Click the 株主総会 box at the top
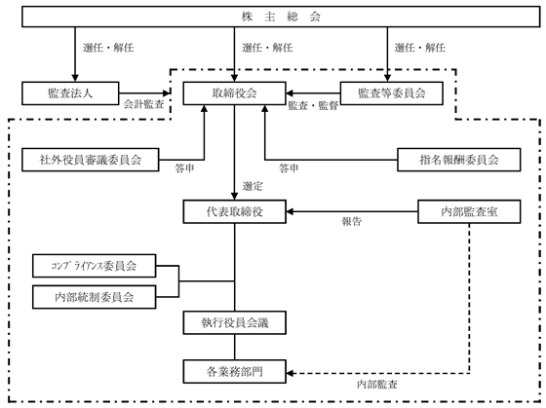(281, 17)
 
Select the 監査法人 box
(70, 93)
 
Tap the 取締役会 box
(235, 93)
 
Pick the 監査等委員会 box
(392, 93)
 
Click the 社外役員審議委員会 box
(91, 160)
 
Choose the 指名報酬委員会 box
(459, 160)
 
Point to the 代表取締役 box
(235, 211)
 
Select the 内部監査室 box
(469, 211)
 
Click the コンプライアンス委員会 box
(94, 266)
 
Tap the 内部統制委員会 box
(94, 297)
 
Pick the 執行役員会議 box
(235, 322)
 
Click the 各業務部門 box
(235, 371)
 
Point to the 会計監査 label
(144, 104)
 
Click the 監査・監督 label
(313, 106)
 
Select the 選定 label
(253, 186)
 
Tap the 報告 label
(352, 222)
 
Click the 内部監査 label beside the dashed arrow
(377, 385)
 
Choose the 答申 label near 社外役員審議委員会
(184, 168)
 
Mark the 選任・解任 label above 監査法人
(108, 48)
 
